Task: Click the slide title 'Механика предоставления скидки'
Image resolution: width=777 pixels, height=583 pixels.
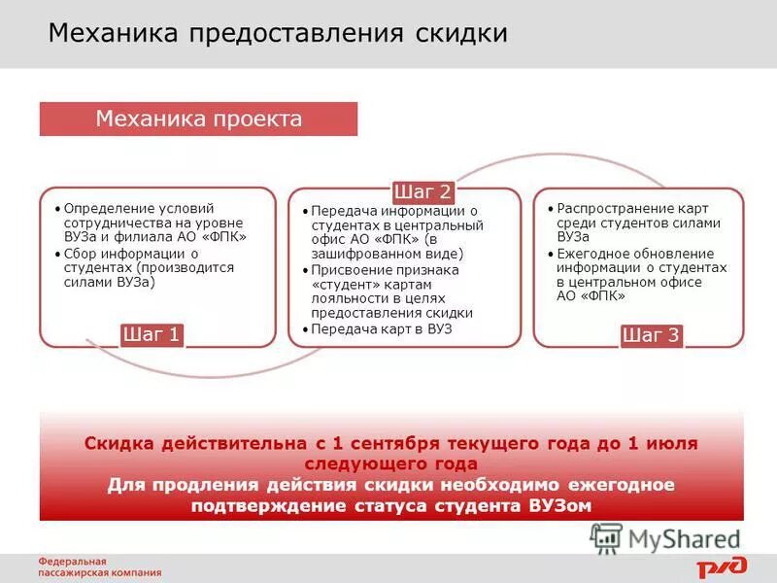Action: pos(278,34)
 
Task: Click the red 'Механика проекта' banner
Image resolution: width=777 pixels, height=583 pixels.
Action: pos(198,120)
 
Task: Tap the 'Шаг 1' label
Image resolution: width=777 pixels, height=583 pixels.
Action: pos(152,335)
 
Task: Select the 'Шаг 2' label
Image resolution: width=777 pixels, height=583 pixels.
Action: pos(422,190)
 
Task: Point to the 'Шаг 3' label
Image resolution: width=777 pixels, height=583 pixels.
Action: pos(652,336)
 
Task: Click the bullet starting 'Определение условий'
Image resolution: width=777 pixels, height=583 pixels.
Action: pos(152,223)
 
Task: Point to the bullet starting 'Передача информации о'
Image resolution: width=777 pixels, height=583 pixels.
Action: pos(393,232)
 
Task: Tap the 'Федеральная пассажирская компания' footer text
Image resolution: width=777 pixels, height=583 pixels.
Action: pos(99,567)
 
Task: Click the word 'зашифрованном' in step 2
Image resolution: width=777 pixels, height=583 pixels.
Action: pos(355,255)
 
